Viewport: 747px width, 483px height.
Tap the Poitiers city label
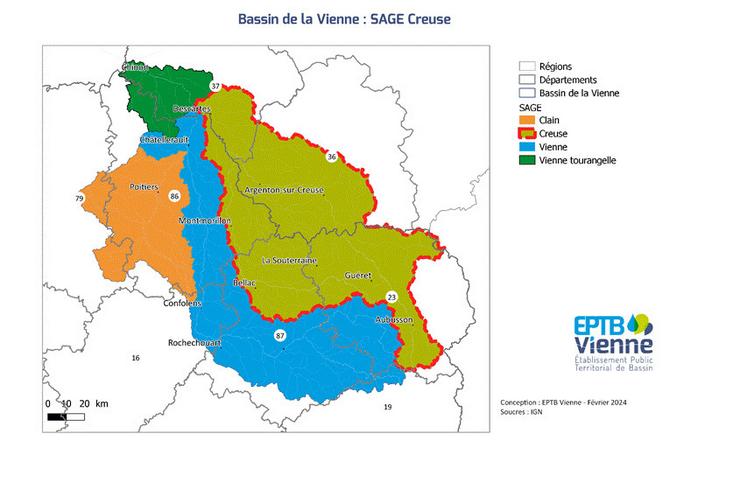[x=146, y=186]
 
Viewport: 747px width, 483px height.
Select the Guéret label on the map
[x=357, y=274]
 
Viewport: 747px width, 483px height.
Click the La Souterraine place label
[x=289, y=260]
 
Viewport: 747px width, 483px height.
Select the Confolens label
[x=179, y=303]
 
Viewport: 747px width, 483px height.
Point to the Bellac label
[x=245, y=283]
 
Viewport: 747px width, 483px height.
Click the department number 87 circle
[x=282, y=336]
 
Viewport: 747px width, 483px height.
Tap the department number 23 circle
[x=391, y=297]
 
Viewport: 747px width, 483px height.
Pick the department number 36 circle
[x=331, y=157]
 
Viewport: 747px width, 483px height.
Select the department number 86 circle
[x=175, y=197]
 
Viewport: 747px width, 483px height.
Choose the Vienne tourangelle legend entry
[x=577, y=159]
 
